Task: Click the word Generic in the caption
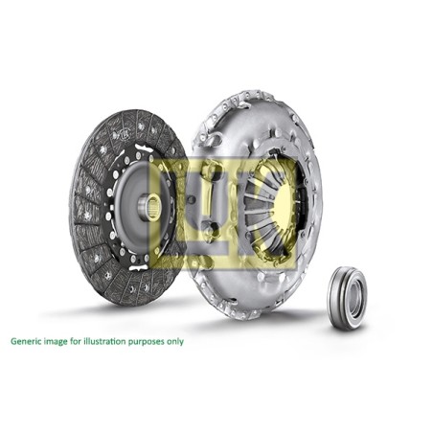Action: [26, 341]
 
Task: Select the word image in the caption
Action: [57, 341]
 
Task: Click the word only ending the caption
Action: [177, 341]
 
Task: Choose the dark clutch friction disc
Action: [96, 163]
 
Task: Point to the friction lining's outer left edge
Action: [73, 206]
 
